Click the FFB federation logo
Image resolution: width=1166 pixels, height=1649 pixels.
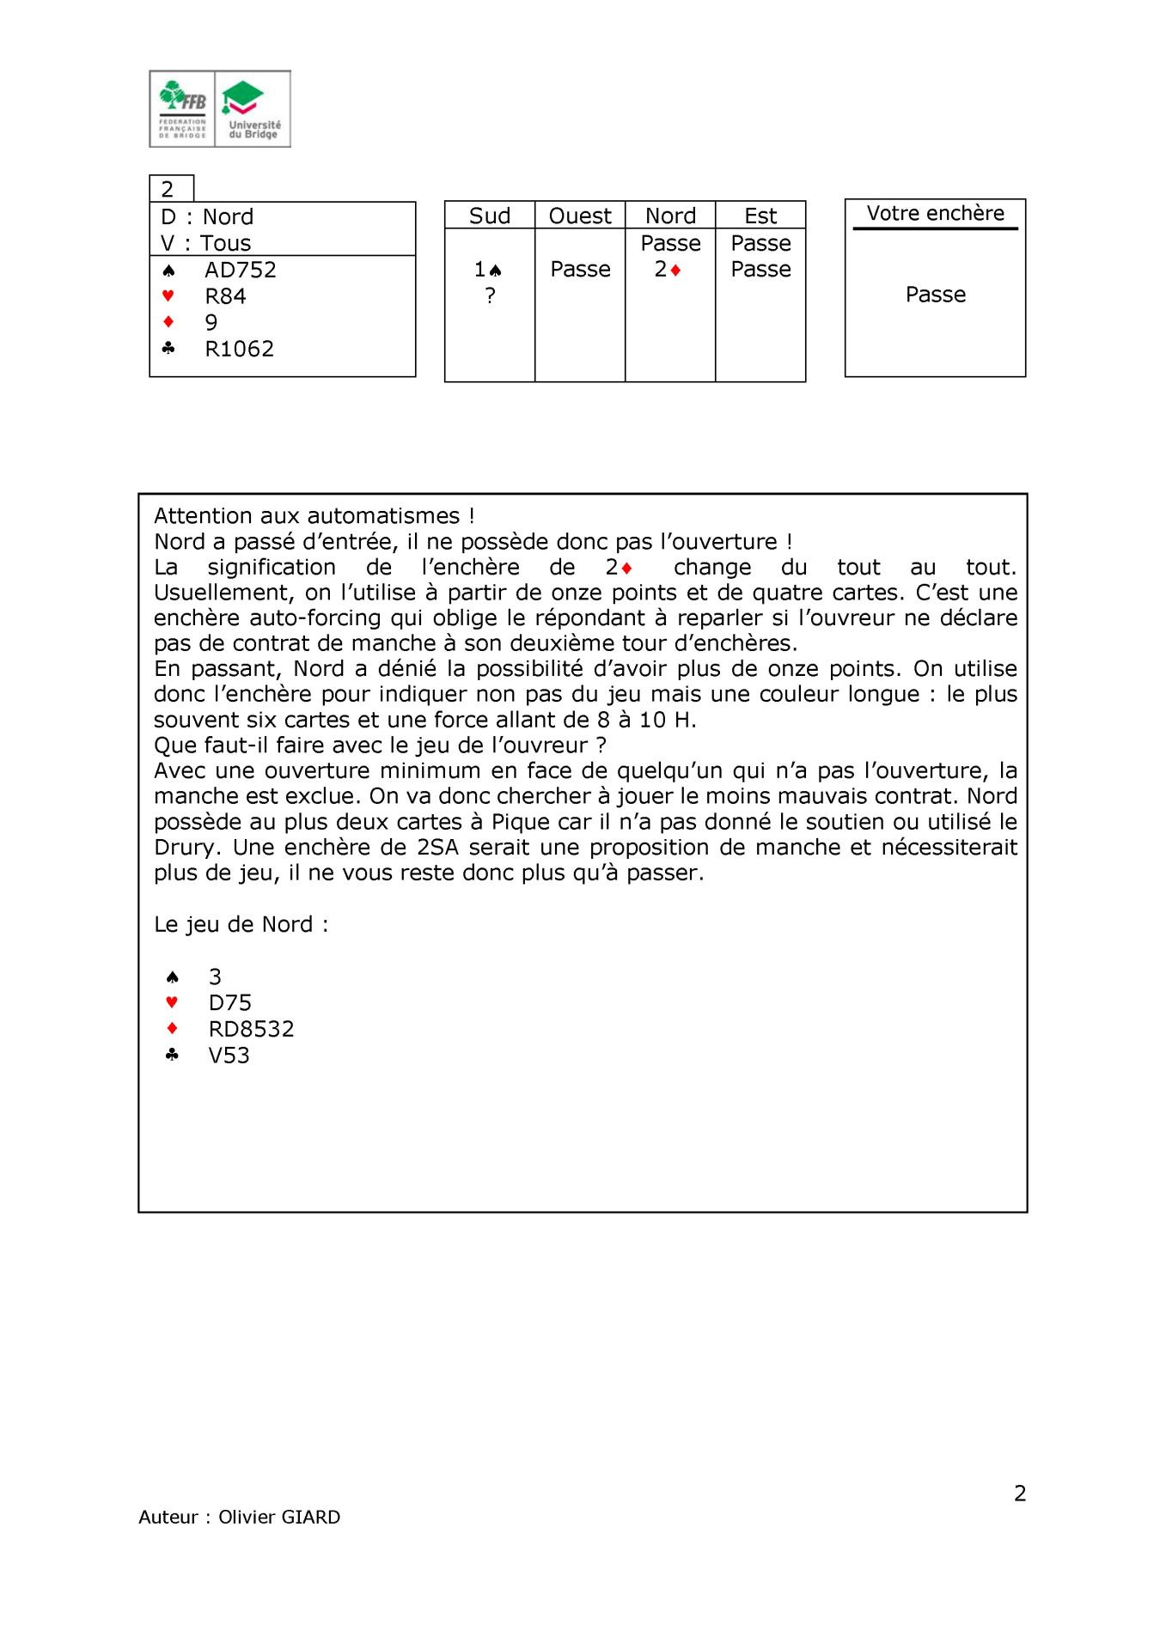(182, 109)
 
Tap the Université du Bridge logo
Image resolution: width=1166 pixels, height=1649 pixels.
(253, 109)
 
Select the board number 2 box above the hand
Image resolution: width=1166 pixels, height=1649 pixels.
(171, 189)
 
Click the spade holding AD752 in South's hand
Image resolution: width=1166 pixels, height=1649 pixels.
(240, 270)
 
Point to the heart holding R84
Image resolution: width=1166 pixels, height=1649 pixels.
(225, 296)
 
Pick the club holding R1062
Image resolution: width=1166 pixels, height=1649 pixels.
(239, 349)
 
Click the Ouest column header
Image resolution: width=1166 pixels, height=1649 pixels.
(580, 216)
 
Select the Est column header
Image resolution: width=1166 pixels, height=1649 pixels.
(760, 216)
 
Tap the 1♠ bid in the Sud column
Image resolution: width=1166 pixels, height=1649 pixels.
(488, 270)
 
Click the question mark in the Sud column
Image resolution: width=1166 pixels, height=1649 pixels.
(490, 295)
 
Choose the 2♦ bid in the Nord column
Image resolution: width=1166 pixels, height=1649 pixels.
(668, 270)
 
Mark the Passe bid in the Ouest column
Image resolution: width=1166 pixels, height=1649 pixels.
(580, 270)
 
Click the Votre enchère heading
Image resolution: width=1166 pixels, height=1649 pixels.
(935, 214)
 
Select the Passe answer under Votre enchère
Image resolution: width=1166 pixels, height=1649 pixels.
(935, 295)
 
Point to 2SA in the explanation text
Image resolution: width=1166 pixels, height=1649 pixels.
(437, 848)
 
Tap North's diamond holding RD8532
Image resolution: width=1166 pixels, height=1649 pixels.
(251, 1029)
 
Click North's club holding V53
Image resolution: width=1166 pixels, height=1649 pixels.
(229, 1056)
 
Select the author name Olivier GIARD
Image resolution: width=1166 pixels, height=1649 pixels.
(279, 1517)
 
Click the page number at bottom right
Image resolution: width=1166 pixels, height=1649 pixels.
(1020, 1494)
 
